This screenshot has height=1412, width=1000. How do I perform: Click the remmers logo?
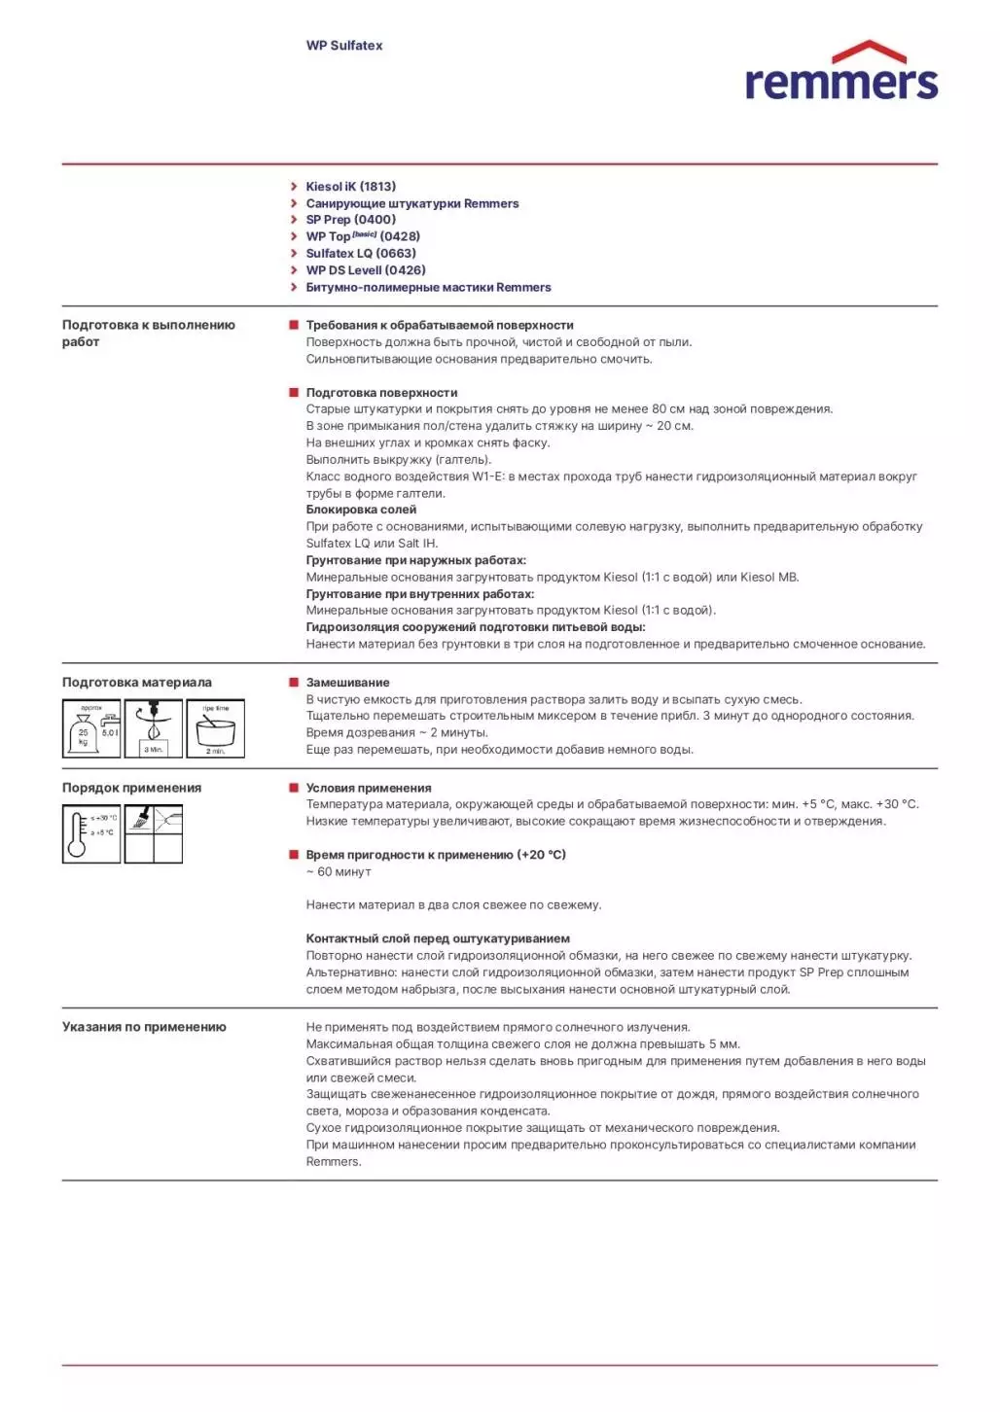[840, 73]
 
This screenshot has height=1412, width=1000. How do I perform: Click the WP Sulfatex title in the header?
[344, 46]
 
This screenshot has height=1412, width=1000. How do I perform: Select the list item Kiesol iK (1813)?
[350, 187]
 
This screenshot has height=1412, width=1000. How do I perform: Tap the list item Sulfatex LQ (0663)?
[361, 254]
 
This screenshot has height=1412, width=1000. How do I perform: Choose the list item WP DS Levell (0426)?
[366, 270]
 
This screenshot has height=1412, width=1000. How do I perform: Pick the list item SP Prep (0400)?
[350, 220]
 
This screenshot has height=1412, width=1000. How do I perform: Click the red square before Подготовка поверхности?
[294, 393]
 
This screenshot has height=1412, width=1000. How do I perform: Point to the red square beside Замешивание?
[294, 683]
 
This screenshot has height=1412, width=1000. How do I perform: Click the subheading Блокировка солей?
[361, 510]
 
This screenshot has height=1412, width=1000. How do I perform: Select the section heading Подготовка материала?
[137, 683]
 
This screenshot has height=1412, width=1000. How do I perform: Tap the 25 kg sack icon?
[91, 729]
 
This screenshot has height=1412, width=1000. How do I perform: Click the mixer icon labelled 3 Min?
[154, 729]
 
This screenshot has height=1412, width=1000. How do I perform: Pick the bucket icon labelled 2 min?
[215, 729]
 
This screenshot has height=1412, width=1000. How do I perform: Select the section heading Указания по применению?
[144, 1027]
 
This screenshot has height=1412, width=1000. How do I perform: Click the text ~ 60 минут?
[339, 872]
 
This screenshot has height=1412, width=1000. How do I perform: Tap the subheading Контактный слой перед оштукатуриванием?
[438, 939]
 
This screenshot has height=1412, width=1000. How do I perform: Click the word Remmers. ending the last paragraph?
[334, 1162]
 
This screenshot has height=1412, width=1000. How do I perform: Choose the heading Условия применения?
[369, 789]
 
